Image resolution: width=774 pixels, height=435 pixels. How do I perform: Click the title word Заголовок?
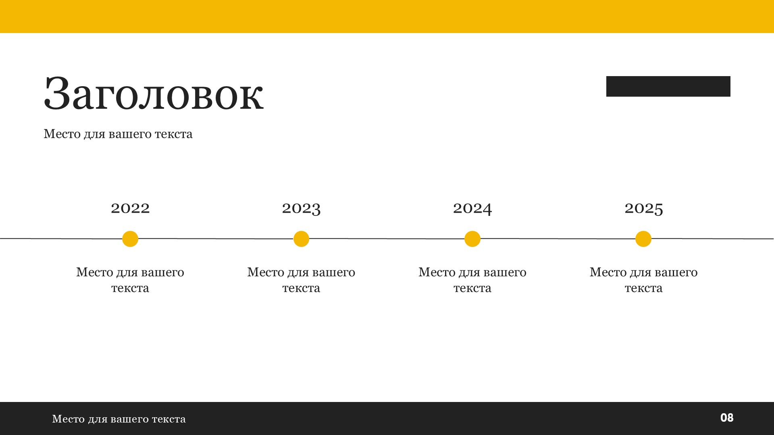[x=154, y=93]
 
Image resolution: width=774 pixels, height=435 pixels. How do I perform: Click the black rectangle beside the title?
[x=668, y=86]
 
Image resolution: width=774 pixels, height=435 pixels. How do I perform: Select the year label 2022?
[x=130, y=208]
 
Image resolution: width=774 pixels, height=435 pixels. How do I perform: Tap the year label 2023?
[x=301, y=208]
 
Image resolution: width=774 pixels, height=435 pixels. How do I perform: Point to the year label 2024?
[x=472, y=208]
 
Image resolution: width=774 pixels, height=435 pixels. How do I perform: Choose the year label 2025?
[x=644, y=208]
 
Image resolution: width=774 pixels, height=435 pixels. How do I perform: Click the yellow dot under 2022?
[x=130, y=239]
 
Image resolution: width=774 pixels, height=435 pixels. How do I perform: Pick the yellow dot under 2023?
[x=301, y=239]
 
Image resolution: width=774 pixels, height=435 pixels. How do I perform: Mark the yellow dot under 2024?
[x=472, y=239]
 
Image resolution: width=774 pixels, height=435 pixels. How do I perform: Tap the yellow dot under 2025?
[x=643, y=239]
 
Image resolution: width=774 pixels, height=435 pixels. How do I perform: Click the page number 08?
[x=727, y=418]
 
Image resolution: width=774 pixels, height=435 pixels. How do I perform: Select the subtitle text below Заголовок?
[x=118, y=134]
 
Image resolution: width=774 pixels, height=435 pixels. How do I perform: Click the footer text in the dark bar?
[x=119, y=419]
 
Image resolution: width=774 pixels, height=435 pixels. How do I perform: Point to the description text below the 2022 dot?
[x=130, y=280]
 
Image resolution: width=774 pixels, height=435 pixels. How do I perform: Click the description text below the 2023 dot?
[x=301, y=280]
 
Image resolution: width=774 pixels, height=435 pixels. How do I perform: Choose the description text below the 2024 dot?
[x=472, y=280]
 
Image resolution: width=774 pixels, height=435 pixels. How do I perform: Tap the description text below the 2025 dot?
[x=643, y=280]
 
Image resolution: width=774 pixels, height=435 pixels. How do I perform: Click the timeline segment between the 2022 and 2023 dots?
[x=216, y=238]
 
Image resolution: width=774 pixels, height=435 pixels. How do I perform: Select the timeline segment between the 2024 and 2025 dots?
[x=558, y=238]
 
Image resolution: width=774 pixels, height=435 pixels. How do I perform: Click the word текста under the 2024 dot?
[x=472, y=288]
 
